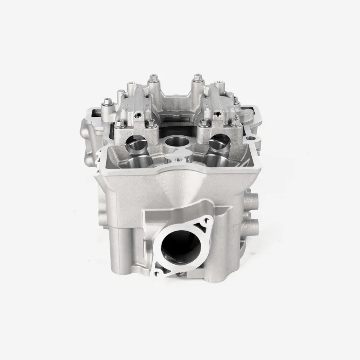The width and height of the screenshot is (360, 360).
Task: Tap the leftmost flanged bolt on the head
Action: (107, 104)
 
